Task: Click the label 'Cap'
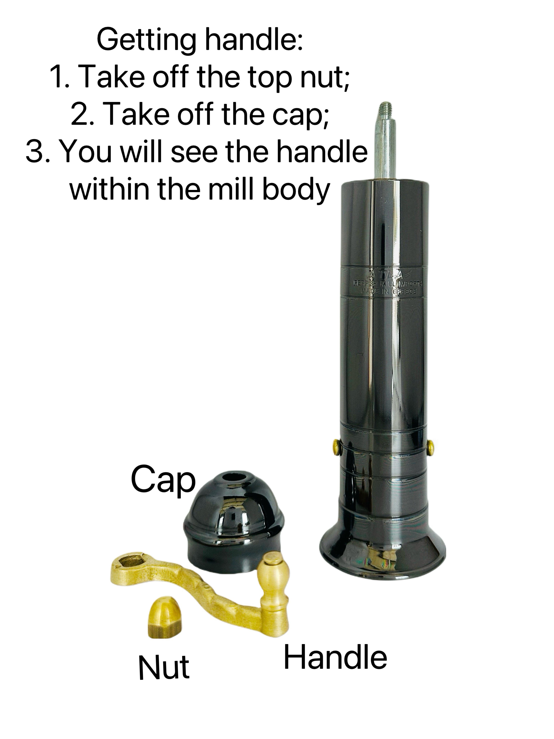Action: tap(163, 481)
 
